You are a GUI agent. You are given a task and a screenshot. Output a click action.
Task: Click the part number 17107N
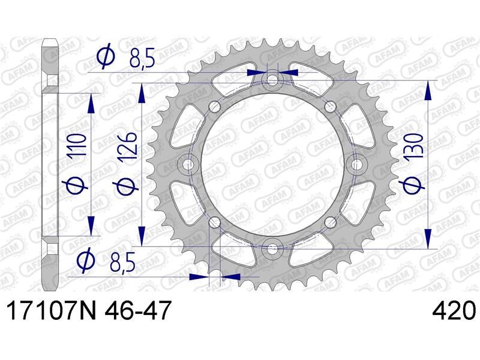(51, 310)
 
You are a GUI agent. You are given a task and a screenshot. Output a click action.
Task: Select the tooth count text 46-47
(137, 310)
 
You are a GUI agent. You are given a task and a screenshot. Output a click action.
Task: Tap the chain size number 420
(454, 310)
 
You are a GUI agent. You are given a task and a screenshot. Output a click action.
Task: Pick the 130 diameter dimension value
(413, 145)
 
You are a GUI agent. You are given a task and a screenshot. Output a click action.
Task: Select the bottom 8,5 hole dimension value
(122, 262)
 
